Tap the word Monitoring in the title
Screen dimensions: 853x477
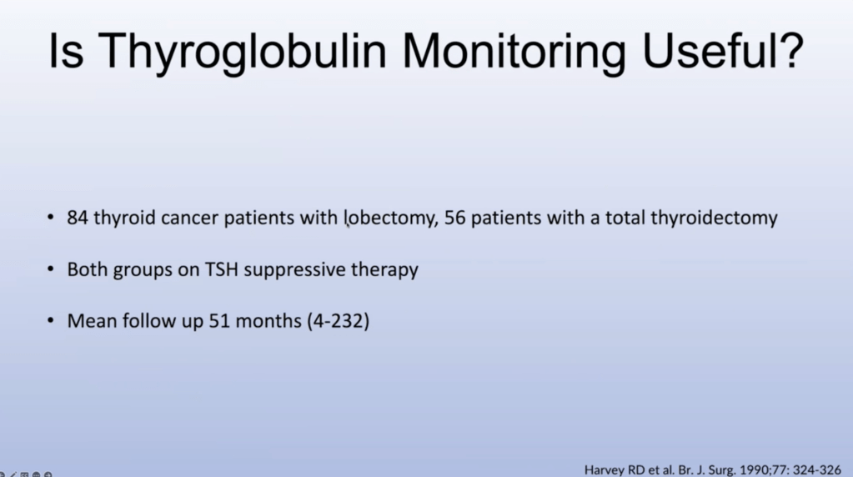pyautogui.click(x=514, y=53)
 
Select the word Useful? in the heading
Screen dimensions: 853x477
pyautogui.click(x=723, y=51)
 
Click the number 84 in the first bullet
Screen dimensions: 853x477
pyautogui.click(x=78, y=218)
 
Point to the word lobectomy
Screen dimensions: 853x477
pyautogui.click(x=390, y=218)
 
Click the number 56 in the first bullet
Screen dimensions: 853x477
pyautogui.click(x=454, y=218)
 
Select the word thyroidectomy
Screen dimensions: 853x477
pyautogui.click(x=715, y=218)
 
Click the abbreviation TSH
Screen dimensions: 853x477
pyautogui.click(x=222, y=269)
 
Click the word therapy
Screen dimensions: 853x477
pyautogui.click(x=384, y=270)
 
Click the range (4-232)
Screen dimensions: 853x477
pyautogui.click(x=339, y=321)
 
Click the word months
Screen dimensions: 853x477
pyautogui.click(x=268, y=321)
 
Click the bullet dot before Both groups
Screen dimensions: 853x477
pyautogui.click(x=51, y=269)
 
